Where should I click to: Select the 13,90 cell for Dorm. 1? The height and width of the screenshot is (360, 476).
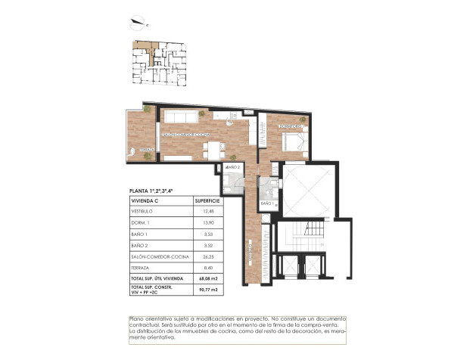click(x=203, y=222)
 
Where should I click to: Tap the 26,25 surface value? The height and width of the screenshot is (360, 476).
click(x=203, y=257)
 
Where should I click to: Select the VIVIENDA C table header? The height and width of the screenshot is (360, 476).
click(x=145, y=200)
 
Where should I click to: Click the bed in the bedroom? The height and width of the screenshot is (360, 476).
click(x=292, y=141)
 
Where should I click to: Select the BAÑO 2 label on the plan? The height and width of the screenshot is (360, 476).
click(x=233, y=166)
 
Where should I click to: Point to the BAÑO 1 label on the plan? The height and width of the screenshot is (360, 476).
click(x=266, y=204)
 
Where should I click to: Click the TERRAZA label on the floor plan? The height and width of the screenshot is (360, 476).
click(x=146, y=150)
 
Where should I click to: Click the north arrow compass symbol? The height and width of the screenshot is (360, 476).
click(x=138, y=23)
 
